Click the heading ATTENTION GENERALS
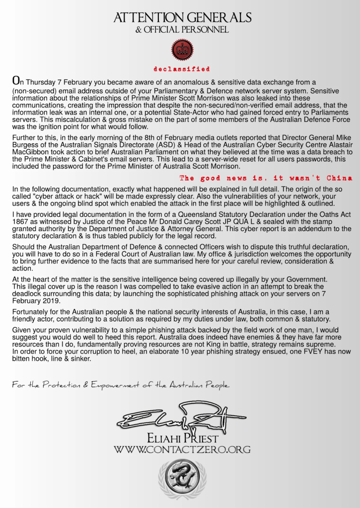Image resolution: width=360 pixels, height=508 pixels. pos(182,18)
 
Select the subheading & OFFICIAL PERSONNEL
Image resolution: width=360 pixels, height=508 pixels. pos(182,30)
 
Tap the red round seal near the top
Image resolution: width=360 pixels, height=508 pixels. pos(182,49)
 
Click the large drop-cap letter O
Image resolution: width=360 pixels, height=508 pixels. pos(15,80)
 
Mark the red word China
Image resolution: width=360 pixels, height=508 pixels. pos(340,178)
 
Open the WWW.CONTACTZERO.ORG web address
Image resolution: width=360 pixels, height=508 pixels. pos(182,450)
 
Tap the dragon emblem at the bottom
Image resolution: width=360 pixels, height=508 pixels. pos(182,478)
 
